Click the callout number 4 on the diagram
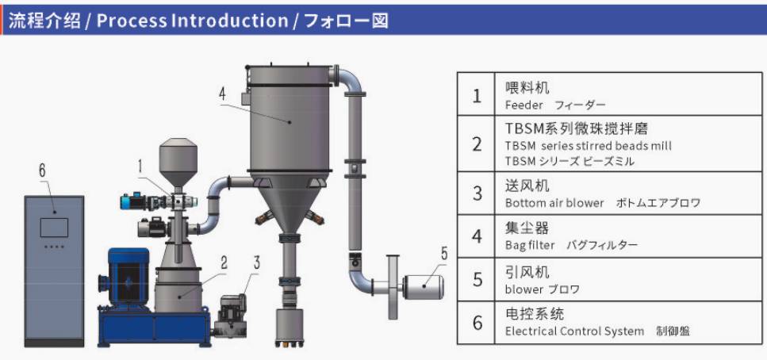click(223, 94)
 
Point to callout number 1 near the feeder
click(140, 167)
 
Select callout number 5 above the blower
click(443, 254)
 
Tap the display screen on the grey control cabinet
click(54, 228)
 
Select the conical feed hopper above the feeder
click(178, 163)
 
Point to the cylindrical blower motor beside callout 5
click(423, 287)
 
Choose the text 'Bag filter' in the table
click(530, 245)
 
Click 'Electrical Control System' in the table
click(574, 331)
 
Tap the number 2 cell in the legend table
click(477, 144)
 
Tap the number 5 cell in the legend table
click(477, 279)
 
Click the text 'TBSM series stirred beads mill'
click(588, 146)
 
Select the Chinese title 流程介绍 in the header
click(44, 21)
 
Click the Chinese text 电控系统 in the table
click(535, 313)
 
